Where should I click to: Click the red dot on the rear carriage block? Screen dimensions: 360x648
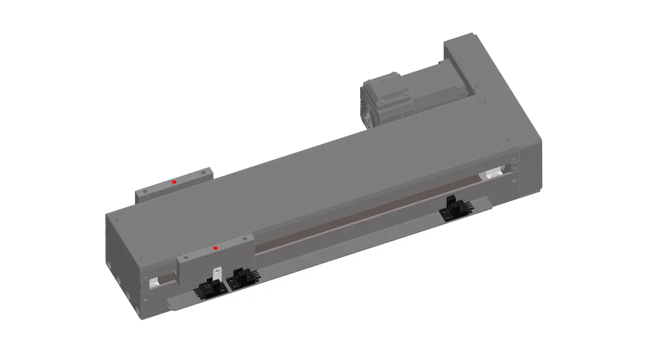pos(174,182)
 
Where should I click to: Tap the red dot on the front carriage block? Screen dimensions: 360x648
pos(215,248)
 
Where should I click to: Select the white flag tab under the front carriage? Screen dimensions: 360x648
pos(218,274)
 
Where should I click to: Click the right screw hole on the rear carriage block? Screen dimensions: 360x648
pos(204,173)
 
